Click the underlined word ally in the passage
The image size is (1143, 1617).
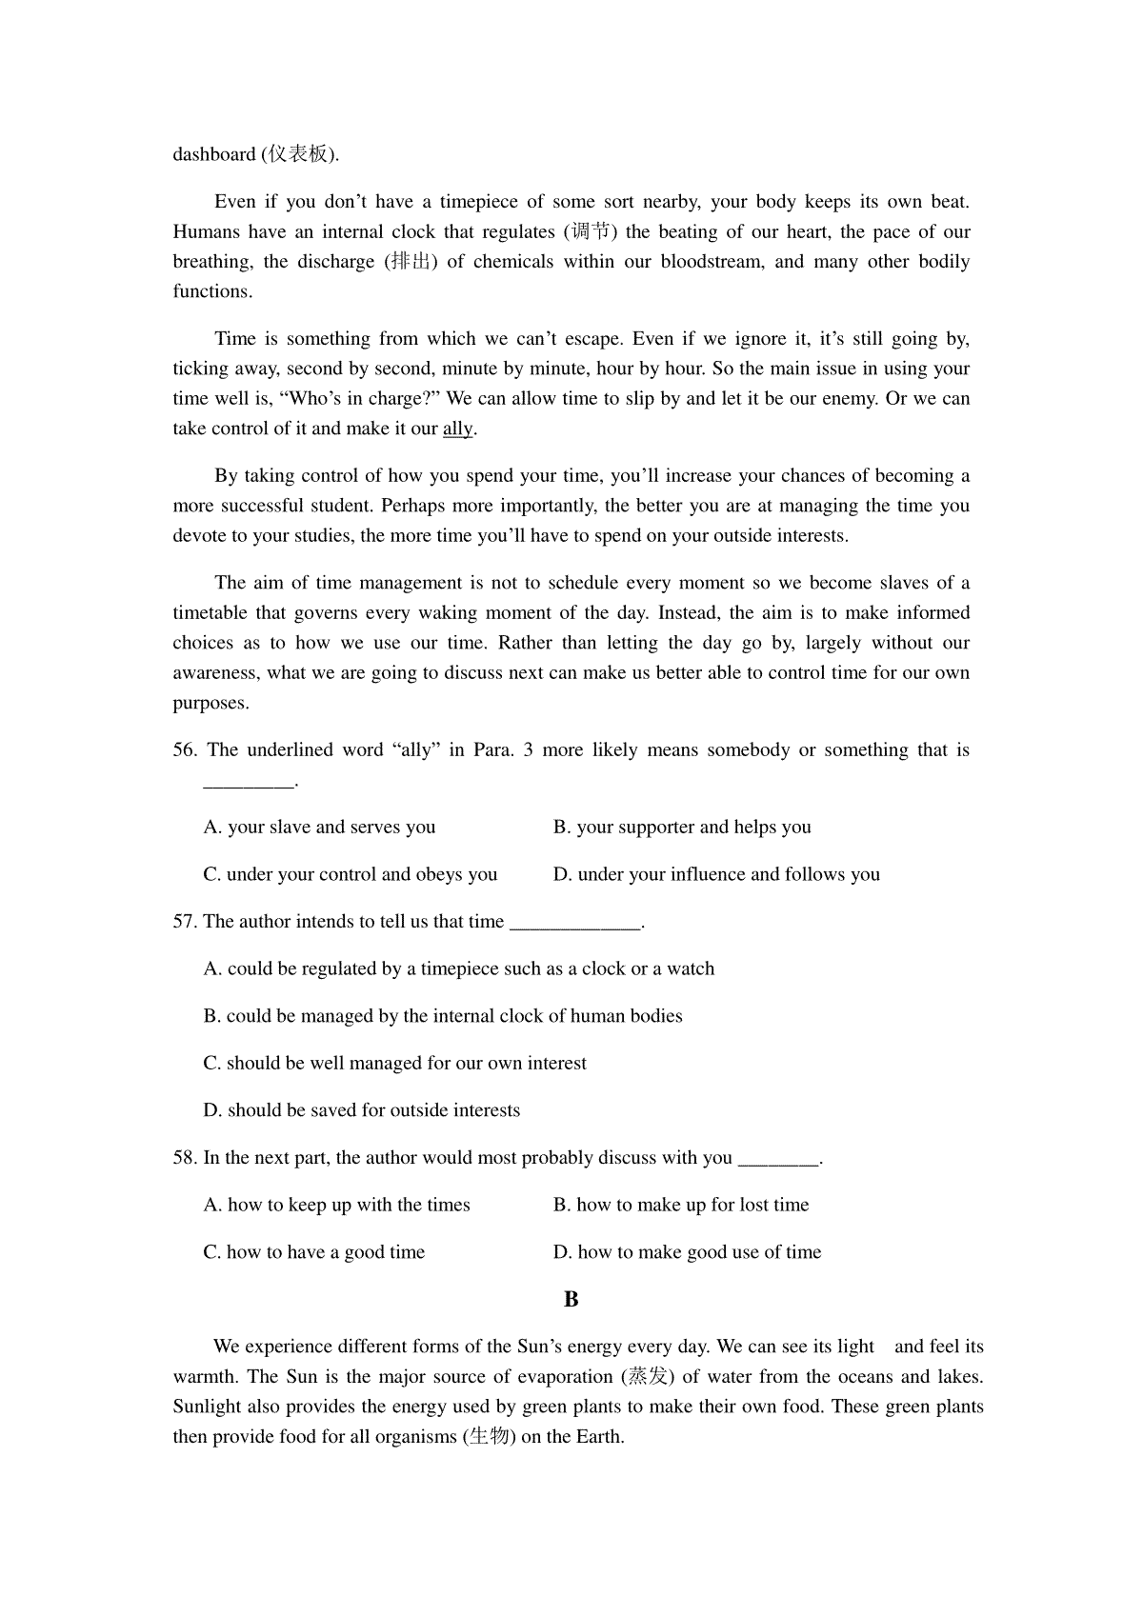[458, 429]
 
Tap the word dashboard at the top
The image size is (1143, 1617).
[214, 154]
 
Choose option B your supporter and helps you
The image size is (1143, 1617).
[682, 827]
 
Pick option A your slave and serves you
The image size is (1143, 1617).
[319, 827]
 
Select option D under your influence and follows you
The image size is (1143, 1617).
[716, 874]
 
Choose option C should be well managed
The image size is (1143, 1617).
[394, 1063]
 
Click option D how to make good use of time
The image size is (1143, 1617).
[687, 1252]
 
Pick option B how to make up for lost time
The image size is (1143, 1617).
[681, 1205]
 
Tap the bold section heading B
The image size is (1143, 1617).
[571, 1299]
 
